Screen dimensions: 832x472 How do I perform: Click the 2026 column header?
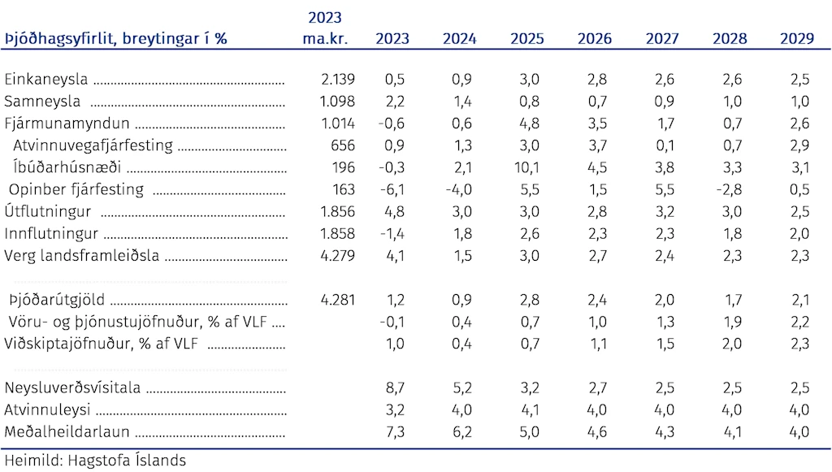594,39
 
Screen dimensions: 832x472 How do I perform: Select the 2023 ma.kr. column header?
325,28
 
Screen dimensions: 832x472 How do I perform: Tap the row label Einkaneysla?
46,79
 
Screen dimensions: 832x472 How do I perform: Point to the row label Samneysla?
42,102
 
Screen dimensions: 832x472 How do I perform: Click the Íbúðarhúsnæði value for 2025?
526,167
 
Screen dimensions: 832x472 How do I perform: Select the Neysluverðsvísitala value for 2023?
396,388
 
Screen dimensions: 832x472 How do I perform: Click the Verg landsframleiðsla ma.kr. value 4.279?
337,256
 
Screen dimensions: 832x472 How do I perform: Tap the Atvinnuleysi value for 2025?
530,410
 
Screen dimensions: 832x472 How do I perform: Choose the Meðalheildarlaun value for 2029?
799,431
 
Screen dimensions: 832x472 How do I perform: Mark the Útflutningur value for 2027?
665,211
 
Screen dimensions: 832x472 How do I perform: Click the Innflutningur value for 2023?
392,234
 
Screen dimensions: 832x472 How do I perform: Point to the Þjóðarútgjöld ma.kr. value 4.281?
337,300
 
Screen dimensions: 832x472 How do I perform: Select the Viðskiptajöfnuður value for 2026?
598,344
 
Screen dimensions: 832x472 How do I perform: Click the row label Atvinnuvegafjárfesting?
93,145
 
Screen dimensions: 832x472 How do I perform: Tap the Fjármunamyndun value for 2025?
530,123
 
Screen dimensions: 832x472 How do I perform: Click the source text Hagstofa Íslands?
127,461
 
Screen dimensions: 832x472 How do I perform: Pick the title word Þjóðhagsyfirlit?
61,39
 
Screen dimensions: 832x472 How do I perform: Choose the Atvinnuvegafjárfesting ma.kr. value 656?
343,145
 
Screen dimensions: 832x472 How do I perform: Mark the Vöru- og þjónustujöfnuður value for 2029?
799,322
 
